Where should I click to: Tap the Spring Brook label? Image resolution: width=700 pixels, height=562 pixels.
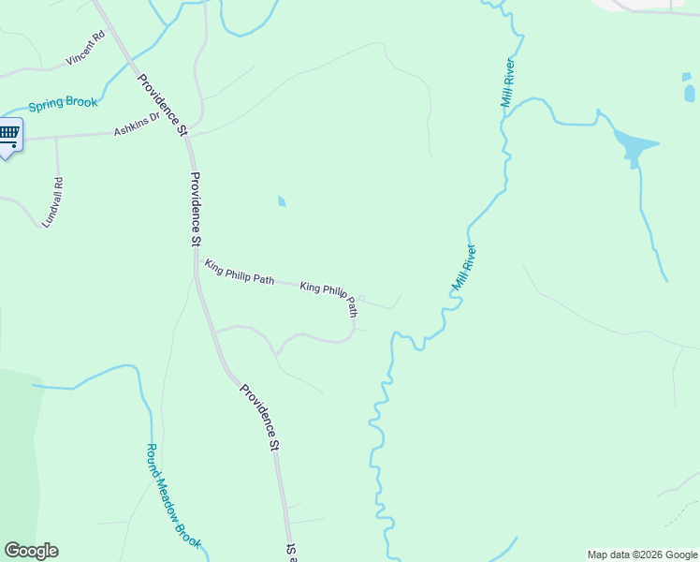coord(62,104)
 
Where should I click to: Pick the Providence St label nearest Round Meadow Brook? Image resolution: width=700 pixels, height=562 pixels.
coord(259,418)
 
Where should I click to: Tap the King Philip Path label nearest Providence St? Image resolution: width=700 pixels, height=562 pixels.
coord(239,273)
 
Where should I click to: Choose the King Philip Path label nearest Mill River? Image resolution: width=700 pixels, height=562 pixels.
coord(328,296)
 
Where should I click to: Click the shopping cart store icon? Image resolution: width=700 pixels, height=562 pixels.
coord(9,133)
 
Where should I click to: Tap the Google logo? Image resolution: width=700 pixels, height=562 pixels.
coord(31,551)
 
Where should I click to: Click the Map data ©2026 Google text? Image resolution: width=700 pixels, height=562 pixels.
coord(642,555)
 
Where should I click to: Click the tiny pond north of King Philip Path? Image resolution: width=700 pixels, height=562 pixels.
coord(282,200)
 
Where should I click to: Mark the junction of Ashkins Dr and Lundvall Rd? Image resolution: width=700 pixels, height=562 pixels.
coord(56,137)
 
